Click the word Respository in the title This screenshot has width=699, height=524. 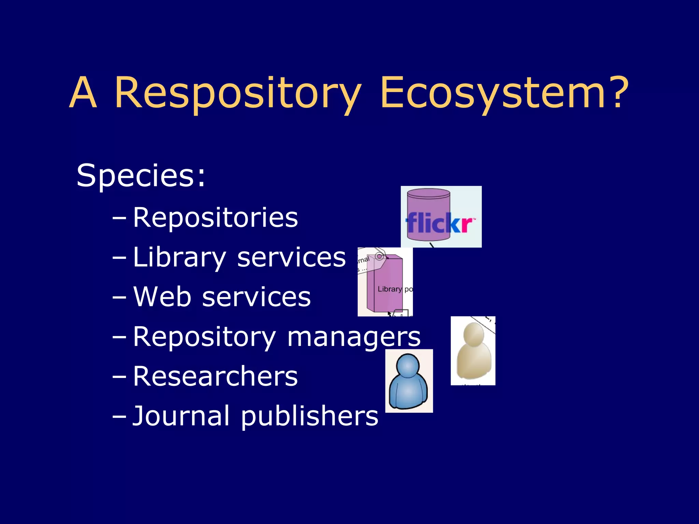(x=238, y=93)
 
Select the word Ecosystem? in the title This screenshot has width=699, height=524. (x=504, y=93)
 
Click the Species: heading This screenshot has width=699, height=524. (x=141, y=175)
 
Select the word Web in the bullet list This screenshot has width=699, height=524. (x=162, y=297)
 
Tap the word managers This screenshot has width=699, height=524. (x=354, y=337)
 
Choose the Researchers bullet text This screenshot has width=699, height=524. (x=215, y=376)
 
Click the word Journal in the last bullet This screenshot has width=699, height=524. (x=181, y=416)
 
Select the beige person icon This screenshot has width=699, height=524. (x=473, y=351)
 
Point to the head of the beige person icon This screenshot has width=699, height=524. (x=473, y=334)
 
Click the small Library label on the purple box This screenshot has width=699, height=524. (x=389, y=289)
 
